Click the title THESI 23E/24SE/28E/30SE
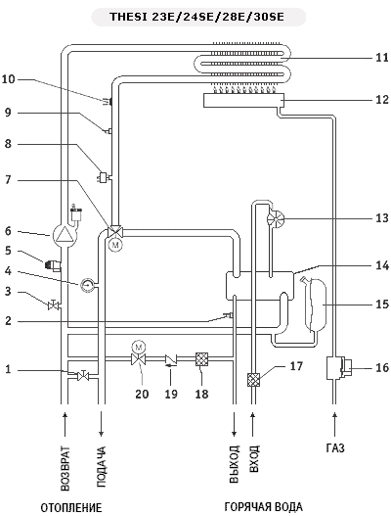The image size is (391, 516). coord(197,17)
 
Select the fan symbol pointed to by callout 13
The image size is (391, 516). coord(276,218)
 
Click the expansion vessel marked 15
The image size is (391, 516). coord(314,304)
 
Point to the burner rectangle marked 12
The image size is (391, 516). coord(243,101)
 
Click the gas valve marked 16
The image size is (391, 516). coord(338,367)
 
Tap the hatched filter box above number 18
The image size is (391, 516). coord(201,359)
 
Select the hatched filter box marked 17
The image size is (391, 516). coord(253,380)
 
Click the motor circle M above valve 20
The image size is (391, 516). coord(139,347)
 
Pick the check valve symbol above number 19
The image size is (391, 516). coord(171,359)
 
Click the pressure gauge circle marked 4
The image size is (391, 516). coord(87,284)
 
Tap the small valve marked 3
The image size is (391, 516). coord(53,305)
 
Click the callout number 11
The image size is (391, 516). coord(382,58)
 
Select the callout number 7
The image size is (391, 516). coord(8,180)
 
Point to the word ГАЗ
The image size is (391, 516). coord(335,448)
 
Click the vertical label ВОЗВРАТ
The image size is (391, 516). coord(65,468)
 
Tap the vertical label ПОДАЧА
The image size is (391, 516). coord(102,466)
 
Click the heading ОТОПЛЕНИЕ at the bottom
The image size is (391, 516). coord(71,507)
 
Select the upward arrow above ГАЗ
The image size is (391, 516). coord(335,424)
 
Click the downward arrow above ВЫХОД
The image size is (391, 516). coord(235,424)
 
